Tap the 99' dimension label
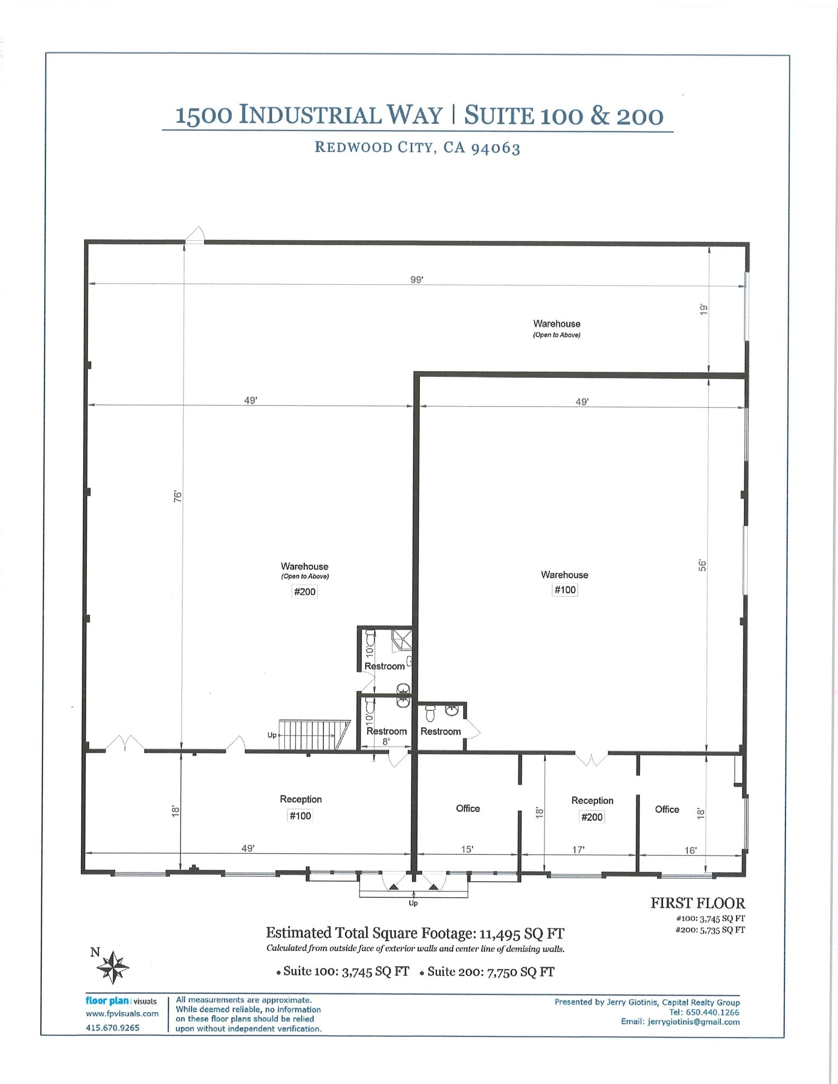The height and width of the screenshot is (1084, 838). click(417, 280)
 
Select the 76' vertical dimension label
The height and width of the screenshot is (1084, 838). click(178, 496)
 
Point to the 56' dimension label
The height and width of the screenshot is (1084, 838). click(702, 566)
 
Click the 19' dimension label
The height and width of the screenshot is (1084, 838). click(704, 310)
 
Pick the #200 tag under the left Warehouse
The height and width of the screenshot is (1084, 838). click(304, 592)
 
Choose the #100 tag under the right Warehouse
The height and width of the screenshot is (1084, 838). click(565, 590)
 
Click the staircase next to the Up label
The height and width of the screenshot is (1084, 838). click(314, 735)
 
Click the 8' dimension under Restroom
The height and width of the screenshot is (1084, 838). click(386, 742)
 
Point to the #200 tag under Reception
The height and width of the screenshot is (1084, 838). click(592, 817)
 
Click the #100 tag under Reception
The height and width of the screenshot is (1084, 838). click(300, 816)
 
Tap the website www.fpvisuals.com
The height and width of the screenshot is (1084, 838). click(122, 1014)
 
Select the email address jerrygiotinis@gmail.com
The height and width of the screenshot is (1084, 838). click(693, 1022)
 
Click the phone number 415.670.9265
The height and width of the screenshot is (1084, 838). click(113, 1028)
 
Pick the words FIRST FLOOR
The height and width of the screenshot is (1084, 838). click(698, 904)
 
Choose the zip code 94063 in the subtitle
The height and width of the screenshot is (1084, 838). click(495, 148)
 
